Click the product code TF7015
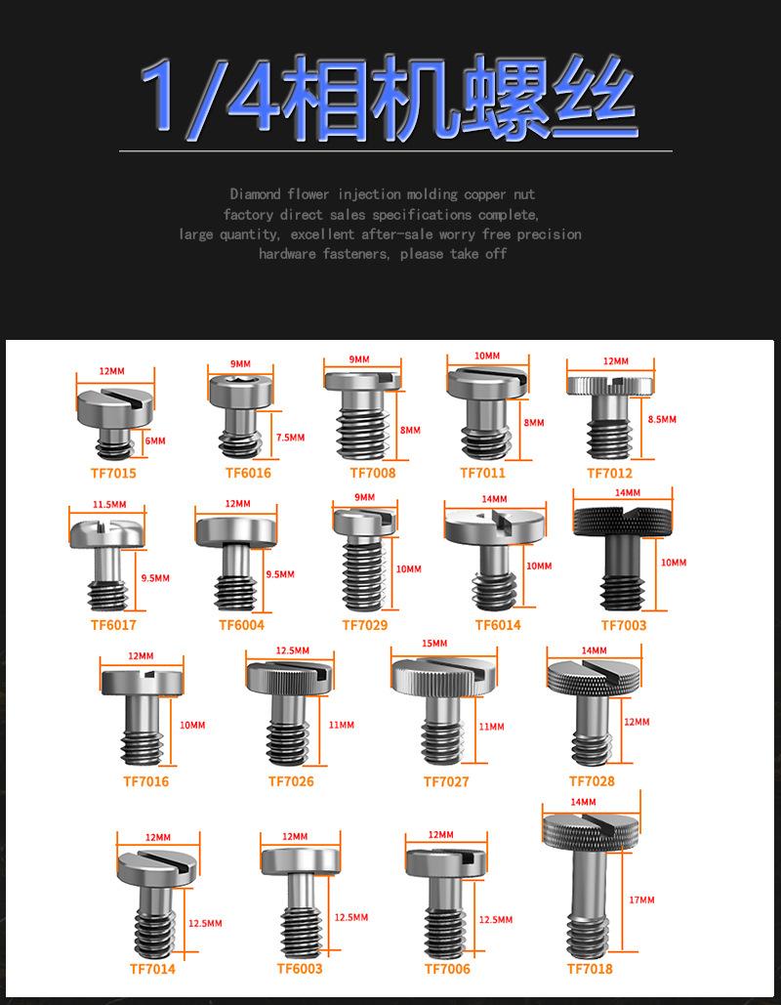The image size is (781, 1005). (x=113, y=473)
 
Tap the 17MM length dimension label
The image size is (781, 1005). (x=641, y=900)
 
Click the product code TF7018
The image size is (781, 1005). (x=590, y=969)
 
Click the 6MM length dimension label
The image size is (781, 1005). (x=154, y=441)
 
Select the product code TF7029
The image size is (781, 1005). (x=364, y=625)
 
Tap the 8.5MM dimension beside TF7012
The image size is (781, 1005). (x=661, y=419)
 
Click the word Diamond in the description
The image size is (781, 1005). (x=256, y=194)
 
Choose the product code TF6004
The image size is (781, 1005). (x=241, y=625)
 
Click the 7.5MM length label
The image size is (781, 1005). (x=290, y=438)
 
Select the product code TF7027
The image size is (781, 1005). (x=445, y=781)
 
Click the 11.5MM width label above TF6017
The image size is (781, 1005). (x=109, y=504)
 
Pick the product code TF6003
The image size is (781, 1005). (x=299, y=969)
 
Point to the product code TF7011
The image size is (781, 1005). (x=482, y=473)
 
